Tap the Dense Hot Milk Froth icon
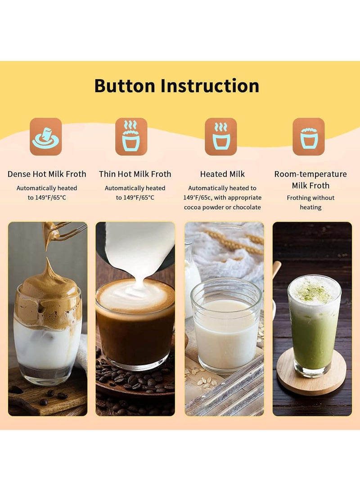coord(46,137)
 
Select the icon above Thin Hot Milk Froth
coord(131,137)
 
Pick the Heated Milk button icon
coord(221,137)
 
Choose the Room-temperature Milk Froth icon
coord(309,137)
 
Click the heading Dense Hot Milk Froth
coord(47,174)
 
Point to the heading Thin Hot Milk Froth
coord(135,174)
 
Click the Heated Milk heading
coord(222,174)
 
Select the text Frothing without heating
coord(310,203)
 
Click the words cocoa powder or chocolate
coord(222,207)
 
